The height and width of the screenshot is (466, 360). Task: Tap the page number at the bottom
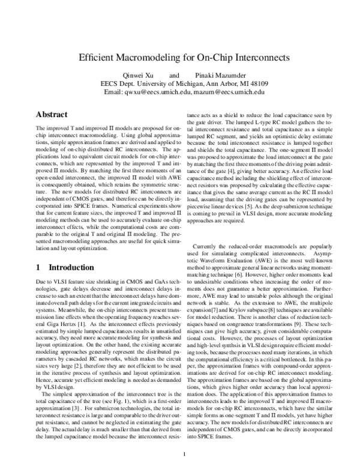185,453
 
